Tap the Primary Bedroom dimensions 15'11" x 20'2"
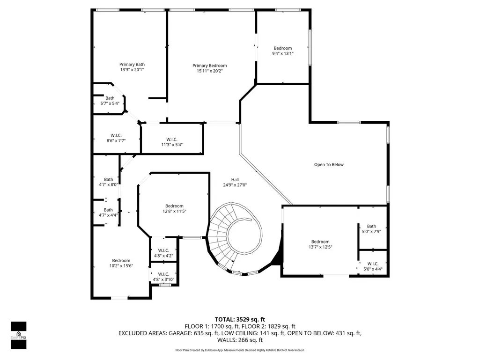210,71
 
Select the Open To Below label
329,165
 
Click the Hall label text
235,180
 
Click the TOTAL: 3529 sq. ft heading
240,320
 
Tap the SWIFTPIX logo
19,335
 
